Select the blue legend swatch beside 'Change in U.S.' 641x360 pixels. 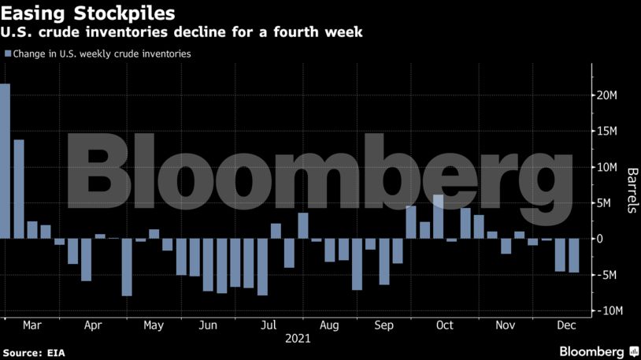point(7,54)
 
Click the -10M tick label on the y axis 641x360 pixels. point(608,311)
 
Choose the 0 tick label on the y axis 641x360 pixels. point(600,239)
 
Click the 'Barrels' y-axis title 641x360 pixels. point(631,191)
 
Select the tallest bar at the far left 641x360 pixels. point(5,161)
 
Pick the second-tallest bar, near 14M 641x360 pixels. point(19,189)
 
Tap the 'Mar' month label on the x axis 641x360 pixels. point(32,325)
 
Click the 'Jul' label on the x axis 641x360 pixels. point(269,325)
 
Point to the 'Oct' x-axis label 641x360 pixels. point(445,325)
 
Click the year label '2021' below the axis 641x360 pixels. point(298,340)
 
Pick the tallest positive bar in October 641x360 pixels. point(438,217)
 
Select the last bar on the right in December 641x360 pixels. point(573,255)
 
